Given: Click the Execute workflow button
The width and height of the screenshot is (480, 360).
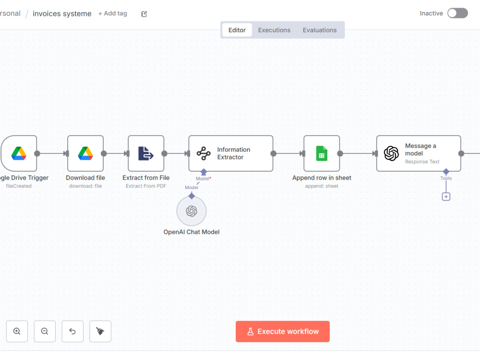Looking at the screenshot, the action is tap(283, 331).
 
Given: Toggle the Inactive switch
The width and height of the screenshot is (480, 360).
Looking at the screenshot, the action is tap(457, 13).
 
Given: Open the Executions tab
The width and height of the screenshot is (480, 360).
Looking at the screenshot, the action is tap(274, 30).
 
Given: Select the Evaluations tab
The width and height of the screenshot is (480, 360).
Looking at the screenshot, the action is tap(320, 30).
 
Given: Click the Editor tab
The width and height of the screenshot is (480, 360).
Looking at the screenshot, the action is tap(237, 30).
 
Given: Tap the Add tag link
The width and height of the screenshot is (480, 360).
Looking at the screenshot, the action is tap(113, 13).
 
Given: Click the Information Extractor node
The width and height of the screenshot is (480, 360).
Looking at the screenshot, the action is tap(231, 154).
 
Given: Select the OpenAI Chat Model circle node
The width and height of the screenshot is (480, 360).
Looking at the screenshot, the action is tap(192, 211).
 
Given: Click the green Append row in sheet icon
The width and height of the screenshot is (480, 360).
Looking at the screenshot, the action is tap(322, 154).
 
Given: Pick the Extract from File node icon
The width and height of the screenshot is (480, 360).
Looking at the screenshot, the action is tap(146, 154).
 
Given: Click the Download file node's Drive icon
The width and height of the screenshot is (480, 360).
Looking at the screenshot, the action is tap(85, 154).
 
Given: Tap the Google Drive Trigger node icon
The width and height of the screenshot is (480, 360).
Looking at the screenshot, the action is tap(19, 154).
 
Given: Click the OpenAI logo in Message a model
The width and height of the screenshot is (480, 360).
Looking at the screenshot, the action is tap(391, 154).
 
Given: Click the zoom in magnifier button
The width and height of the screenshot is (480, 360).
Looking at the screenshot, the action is tap(17, 331).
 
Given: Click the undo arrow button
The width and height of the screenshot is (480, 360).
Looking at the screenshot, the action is tap(72, 331).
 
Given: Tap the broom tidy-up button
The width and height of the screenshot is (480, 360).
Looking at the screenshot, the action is tap(100, 331).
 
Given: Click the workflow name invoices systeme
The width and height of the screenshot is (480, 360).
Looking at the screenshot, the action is tap(62, 14).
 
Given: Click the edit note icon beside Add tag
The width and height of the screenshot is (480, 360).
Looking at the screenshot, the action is tap(144, 14).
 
